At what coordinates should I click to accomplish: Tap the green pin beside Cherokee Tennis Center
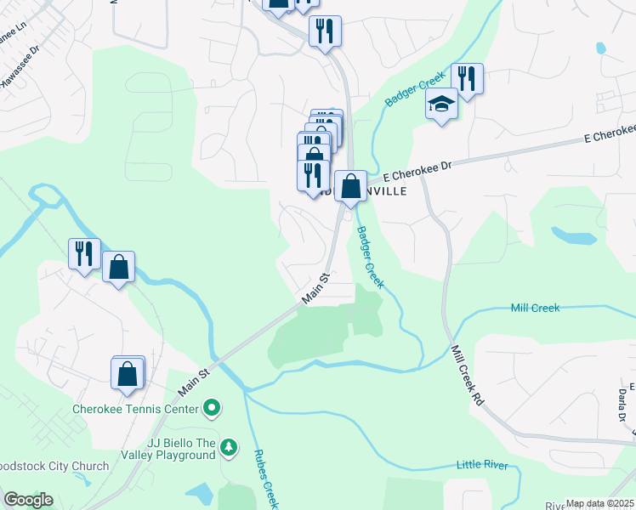tap(213, 409)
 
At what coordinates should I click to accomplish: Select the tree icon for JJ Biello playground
tap(229, 447)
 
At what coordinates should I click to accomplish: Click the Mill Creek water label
tap(535, 308)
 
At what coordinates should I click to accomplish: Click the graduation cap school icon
tap(441, 105)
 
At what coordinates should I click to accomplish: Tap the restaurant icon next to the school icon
tap(466, 79)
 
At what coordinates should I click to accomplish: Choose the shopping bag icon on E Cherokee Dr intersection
tap(350, 185)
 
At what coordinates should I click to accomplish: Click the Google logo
tap(28, 500)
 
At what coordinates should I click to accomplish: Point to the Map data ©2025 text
tap(599, 503)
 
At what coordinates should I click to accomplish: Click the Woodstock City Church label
tap(54, 466)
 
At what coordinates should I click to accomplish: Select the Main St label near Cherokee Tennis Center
tap(195, 381)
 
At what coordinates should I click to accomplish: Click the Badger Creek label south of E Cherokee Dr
tap(370, 258)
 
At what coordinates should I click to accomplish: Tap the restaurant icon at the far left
tap(84, 253)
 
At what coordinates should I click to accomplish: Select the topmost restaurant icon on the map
tap(324, 31)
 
